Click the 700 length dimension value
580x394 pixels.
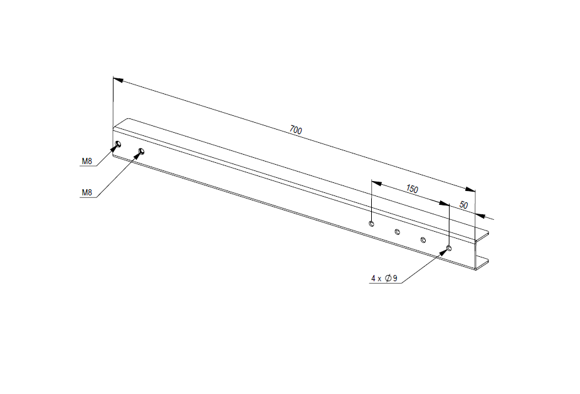295,130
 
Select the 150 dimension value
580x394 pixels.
412,189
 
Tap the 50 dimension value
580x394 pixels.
463,205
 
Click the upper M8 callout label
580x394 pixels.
87,161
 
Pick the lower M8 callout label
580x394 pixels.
87,192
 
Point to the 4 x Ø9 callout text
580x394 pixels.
384,278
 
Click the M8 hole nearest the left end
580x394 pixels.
118,143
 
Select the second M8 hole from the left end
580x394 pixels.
141,151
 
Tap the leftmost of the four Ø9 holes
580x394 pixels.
371,223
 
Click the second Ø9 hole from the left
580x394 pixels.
398,232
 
